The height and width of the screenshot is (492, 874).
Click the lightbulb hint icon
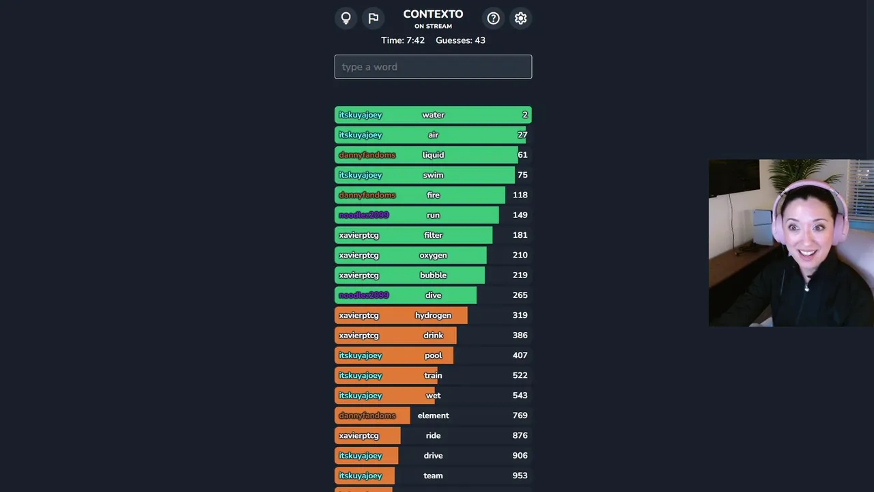pos(346,18)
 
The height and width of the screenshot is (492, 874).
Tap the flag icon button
pos(373,18)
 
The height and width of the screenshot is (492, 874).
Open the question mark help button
pos(493,18)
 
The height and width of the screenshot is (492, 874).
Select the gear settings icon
pos(520,18)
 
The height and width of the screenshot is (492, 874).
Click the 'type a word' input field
pos(433,67)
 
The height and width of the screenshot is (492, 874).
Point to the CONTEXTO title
pos(433,14)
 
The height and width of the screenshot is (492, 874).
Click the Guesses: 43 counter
pos(460,40)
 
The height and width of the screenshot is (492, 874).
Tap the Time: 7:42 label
pos(403,40)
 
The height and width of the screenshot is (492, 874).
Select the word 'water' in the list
pos(433,115)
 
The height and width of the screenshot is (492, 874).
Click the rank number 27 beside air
pos(522,135)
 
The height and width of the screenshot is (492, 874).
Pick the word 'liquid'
pos(433,155)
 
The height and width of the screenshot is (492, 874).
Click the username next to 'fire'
pos(367,195)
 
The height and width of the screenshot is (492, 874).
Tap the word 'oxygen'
pos(433,255)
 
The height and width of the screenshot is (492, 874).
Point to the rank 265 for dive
pos(520,295)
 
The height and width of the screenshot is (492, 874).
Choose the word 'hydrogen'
pos(433,315)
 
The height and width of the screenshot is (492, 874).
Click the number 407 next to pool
pos(520,355)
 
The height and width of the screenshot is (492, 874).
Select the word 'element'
pos(433,415)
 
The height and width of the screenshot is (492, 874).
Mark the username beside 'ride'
pos(358,435)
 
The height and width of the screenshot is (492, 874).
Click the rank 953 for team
pos(520,476)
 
